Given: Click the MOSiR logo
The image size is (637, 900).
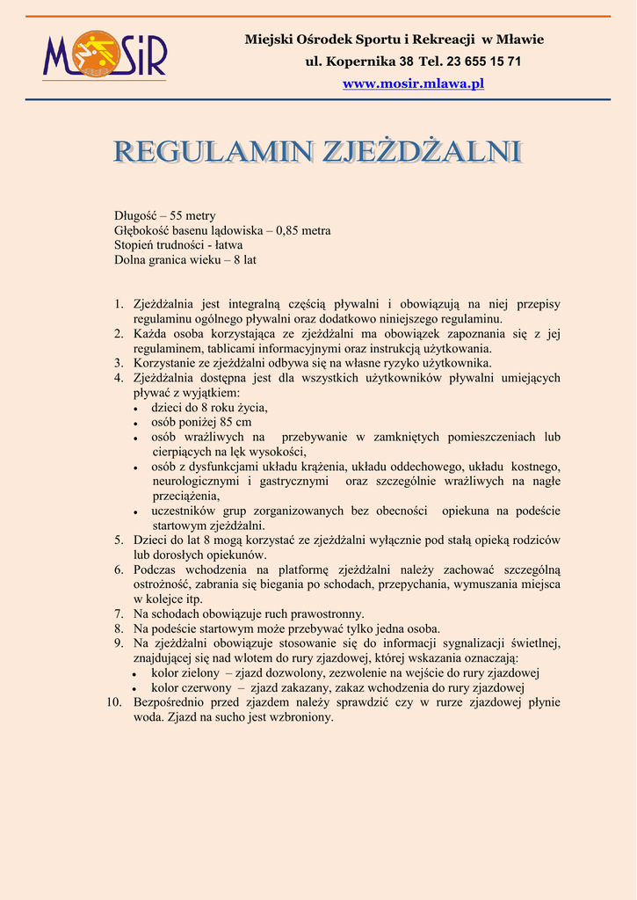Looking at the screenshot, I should point(105,54).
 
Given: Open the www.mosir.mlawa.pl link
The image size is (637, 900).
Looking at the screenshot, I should point(413,83).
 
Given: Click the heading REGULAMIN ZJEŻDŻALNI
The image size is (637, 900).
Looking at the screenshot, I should point(317,151).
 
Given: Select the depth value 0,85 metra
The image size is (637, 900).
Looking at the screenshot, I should point(303,231).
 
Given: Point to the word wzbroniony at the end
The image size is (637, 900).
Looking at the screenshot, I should point(304,717).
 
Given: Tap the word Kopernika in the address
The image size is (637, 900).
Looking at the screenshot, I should point(358,62).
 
